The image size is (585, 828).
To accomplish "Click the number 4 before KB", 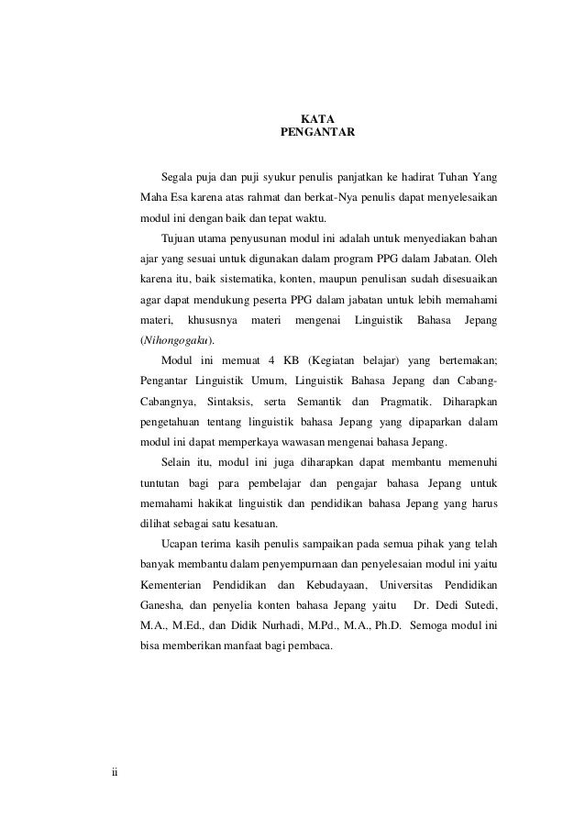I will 259,360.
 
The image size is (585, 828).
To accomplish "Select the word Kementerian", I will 170,586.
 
